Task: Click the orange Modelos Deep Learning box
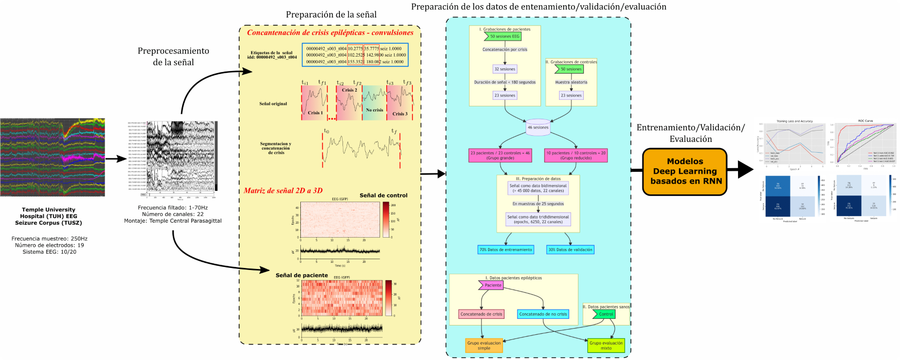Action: (x=685, y=171)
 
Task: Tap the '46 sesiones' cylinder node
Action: (x=538, y=128)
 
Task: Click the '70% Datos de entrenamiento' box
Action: (x=506, y=249)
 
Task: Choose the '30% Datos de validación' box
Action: (x=570, y=249)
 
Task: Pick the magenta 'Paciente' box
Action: (x=492, y=285)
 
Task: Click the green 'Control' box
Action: (x=605, y=314)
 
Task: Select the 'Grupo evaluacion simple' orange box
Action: (x=483, y=345)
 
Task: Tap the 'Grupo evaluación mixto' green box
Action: (x=606, y=345)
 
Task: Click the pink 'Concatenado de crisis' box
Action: (x=481, y=314)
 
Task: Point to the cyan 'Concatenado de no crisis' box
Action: (x=543, y=314)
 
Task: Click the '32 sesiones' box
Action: (x=505, y=69)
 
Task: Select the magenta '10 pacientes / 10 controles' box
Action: (x=575, y=155)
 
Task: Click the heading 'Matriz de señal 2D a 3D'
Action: (x=283, y=190)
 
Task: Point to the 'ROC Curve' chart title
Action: (x=865, y=121)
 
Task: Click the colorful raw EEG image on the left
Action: (x=52, y=157)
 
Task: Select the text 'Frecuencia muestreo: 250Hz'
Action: (x=49, y=239)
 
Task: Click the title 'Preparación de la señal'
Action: (x=331, y=14)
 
